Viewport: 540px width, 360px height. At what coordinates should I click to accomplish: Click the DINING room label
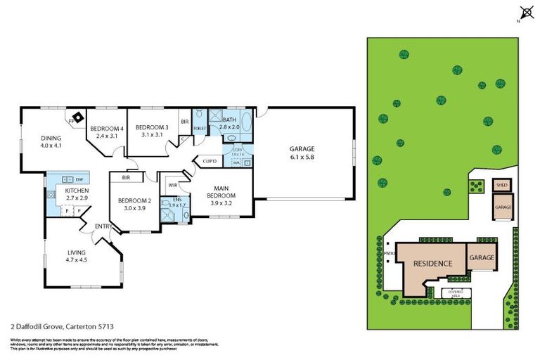point(51,138)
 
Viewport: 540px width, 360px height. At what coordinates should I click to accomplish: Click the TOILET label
point(199,129)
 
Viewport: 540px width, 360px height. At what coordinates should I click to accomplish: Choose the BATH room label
point(230,120)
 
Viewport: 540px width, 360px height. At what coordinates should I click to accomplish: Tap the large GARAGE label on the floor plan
point(302,148)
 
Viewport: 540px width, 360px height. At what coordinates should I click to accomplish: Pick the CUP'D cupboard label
point(209,161)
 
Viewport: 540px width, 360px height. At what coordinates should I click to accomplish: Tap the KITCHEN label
point(75,191)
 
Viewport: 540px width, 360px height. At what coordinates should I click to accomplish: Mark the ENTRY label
point(103,226)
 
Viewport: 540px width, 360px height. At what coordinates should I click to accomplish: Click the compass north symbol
point(525,12)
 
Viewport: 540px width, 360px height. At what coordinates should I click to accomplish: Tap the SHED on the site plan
point(501,186)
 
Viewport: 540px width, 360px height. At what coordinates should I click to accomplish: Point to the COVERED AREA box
point(451,292)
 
